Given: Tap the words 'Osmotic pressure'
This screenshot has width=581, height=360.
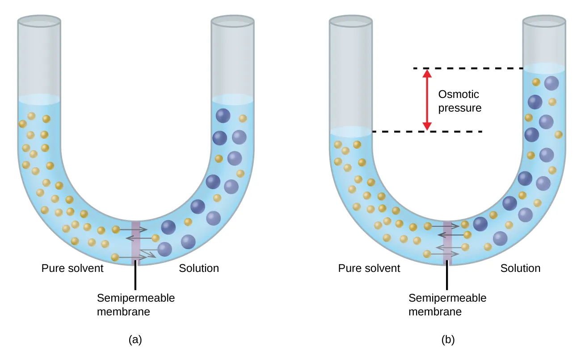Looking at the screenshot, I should click(x=459, y=101).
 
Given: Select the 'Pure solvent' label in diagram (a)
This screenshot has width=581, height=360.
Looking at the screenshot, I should click(x=72, y=268).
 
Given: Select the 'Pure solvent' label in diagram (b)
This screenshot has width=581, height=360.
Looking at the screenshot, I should click(x=369, y=268).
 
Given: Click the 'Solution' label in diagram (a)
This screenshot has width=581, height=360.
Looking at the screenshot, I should click(x=199, y=268).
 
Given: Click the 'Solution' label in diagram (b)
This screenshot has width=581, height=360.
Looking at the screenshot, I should click(x=520, y=268).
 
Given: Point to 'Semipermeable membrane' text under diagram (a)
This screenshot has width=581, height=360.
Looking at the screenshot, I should click(x=136, y=305).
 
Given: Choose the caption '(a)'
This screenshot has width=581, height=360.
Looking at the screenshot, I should click(x=135, y=340).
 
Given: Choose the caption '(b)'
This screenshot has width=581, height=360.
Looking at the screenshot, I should click(x=448, y=340).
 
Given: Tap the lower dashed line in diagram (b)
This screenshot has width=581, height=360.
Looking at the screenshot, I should click(x=447, y=131).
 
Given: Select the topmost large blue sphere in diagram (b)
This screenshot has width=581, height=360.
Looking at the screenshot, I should click(x=552, y=83).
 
